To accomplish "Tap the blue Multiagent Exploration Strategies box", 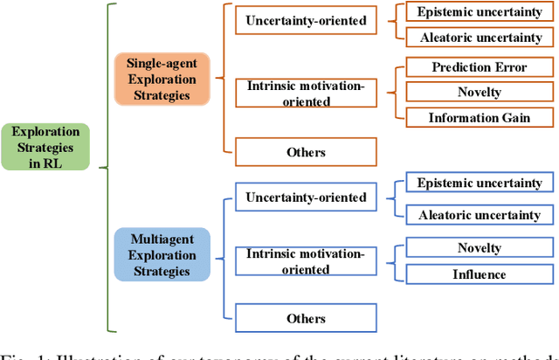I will pos(162,253).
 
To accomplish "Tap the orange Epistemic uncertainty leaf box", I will pos(480,11).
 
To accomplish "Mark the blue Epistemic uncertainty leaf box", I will pos(480,183).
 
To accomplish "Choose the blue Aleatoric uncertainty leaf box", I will pos(480,215).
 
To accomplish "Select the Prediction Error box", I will pos(480,67).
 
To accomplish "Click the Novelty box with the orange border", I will pos(480,92).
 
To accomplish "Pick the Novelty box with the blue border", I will pos(480,248).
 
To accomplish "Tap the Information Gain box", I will pos(480,117).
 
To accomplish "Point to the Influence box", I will pos(480,274).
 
